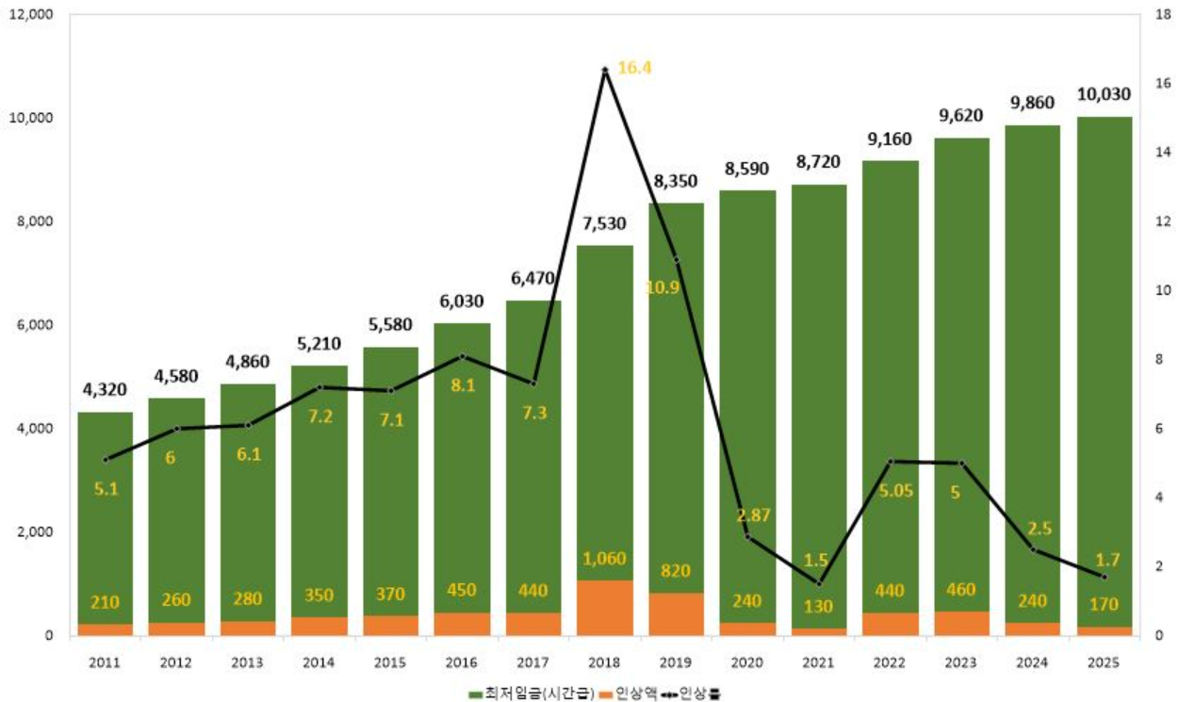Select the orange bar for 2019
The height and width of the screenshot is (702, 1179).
(x=676, y=612)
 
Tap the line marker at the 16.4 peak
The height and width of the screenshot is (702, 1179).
(x=604, y=71)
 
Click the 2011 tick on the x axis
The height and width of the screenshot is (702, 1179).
(x=105, y=662)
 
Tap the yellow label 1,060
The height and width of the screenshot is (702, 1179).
(x=604, y=558)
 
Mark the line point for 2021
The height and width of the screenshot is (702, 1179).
(x=818, y=583)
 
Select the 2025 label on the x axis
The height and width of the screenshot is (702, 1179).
(x=1104, y=662)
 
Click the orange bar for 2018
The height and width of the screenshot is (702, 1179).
(x=604, y=608)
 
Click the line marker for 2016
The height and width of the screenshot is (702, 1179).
(x=462, y=356)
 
